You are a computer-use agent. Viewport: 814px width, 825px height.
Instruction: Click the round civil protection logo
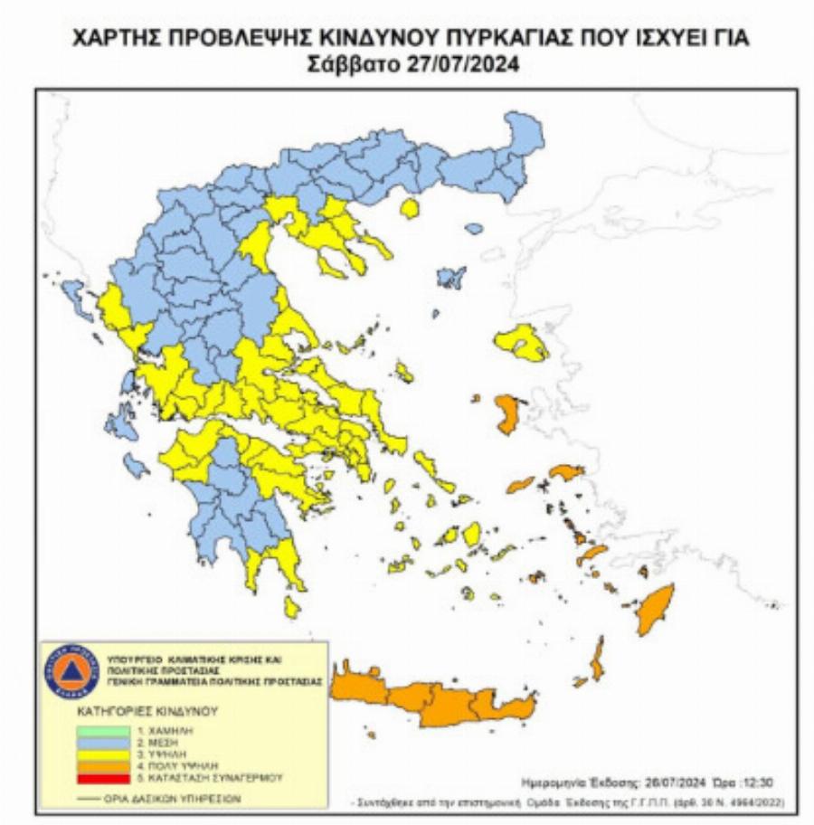pyautogui.click(x=70, y=672)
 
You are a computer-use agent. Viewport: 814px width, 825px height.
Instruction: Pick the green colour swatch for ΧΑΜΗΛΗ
pyautogui.click(x=101, y=728)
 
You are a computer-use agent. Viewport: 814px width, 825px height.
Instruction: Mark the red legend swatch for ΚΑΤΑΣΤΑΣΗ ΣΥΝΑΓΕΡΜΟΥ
pyautogui.click(x=101, y=776)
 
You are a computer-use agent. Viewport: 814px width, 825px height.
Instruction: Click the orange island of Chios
pyautogui.click(x=506, y=412)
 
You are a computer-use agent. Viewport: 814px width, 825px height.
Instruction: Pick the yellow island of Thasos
pyautogui.click(x=410, y=210)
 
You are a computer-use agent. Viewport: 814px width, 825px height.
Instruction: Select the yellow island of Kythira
pyautogui.click(x=291, y=606)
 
